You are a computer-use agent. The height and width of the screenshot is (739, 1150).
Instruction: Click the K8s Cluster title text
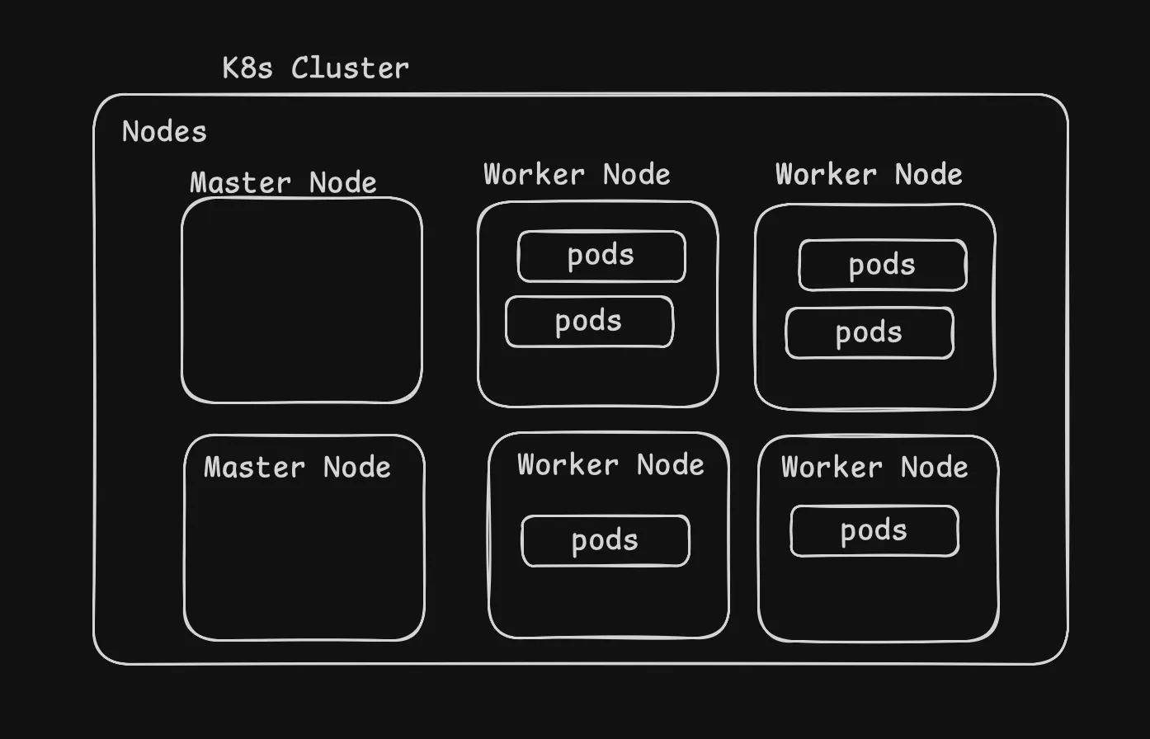point(315,68)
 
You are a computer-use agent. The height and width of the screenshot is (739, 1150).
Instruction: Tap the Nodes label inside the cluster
point(164,132)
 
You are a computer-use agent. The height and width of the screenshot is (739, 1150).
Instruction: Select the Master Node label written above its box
point(283,182)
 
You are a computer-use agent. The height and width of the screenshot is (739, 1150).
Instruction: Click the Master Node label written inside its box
point(297,468)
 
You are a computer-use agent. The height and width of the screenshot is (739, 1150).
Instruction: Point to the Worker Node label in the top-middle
point(577,175)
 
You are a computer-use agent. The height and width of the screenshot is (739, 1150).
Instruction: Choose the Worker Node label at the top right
point(869,175)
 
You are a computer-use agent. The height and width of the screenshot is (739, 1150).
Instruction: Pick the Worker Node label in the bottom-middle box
point(610,465)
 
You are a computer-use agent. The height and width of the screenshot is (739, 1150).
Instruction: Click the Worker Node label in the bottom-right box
point(874,468)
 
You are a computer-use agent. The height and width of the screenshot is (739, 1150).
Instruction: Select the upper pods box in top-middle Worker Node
point(601,257)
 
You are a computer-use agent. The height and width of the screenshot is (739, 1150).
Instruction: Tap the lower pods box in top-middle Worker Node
point(589,322)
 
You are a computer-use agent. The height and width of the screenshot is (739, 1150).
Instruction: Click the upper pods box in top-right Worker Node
point(882,266)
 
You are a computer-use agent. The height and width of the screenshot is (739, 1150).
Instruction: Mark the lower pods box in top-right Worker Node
point(869,333)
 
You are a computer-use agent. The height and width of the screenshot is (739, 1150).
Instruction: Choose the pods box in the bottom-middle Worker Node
point(605,541)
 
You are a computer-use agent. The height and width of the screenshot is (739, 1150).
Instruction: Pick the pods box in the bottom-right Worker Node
point(874,531)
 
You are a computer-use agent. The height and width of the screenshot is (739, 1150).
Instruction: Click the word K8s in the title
point(247,68)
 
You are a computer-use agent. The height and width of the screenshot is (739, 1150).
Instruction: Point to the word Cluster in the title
point(350,68)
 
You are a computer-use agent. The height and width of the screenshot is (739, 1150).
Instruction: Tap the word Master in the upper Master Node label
point(240,182)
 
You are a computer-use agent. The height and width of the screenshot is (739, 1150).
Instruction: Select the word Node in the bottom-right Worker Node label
point(934,468)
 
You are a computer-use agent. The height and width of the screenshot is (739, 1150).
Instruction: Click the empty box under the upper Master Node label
point(302,301)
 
